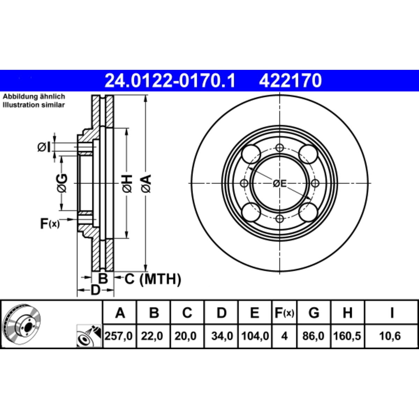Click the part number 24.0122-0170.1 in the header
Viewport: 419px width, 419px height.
tap(170, 80)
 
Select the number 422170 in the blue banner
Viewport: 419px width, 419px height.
tap(290, 80)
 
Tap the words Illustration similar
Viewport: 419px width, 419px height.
tap(34, 105)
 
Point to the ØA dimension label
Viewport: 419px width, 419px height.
tap(146, 183)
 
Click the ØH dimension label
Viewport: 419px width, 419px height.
tap(127, 183)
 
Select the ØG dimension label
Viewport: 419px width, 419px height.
tap(62, 183)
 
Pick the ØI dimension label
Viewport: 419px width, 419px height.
tap(44, 147)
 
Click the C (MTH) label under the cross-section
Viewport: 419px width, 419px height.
tap(153, 279)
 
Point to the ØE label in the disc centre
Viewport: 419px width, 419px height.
tap(280, 184)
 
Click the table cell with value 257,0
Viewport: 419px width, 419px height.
tap(118, 336)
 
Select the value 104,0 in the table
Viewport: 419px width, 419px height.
tap(255, 336)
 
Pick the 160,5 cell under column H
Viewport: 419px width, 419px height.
tap(347, 336)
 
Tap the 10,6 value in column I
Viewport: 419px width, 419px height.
tap(391, 336)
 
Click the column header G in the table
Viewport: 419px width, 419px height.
tap(314, 313)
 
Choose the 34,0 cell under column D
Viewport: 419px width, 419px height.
tap(222, 336)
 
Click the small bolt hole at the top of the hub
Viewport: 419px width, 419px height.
tap(280, 148)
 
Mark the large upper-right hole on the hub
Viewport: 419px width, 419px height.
tap(308, 154)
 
